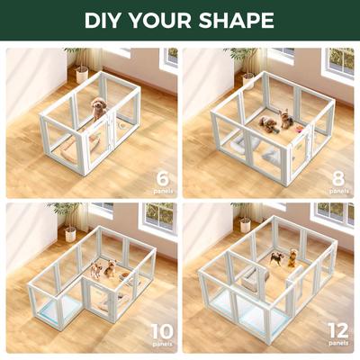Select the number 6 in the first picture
point(163,178)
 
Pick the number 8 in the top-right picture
point(338,178)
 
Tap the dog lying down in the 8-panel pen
point(267,123)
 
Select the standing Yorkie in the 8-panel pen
point(286,118)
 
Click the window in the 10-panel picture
point(157,216)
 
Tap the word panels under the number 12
point(337,345)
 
